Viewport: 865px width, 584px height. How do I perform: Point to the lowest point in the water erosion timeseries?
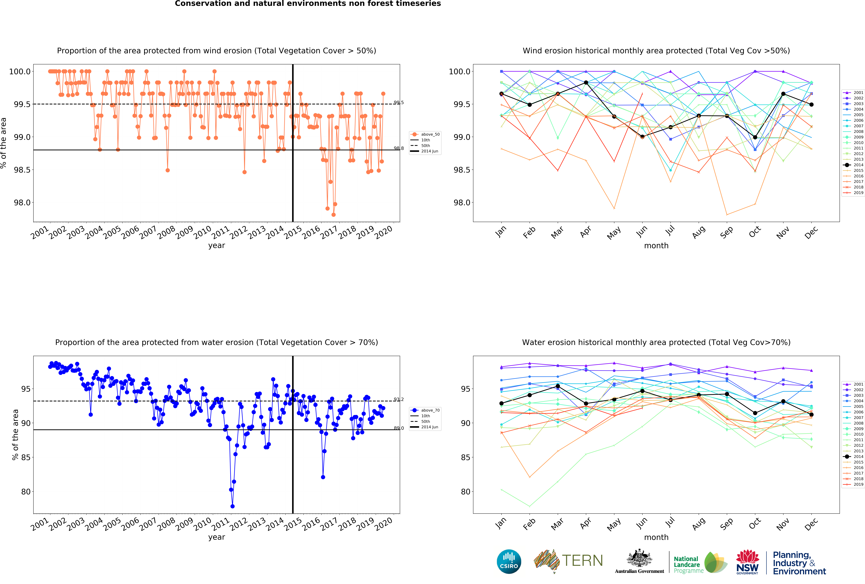(233, 506)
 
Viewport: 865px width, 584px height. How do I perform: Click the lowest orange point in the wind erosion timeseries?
(334, 215)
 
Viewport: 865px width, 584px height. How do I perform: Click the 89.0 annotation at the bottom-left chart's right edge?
(399, 428)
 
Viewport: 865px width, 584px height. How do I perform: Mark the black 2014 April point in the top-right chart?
(586, 83)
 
